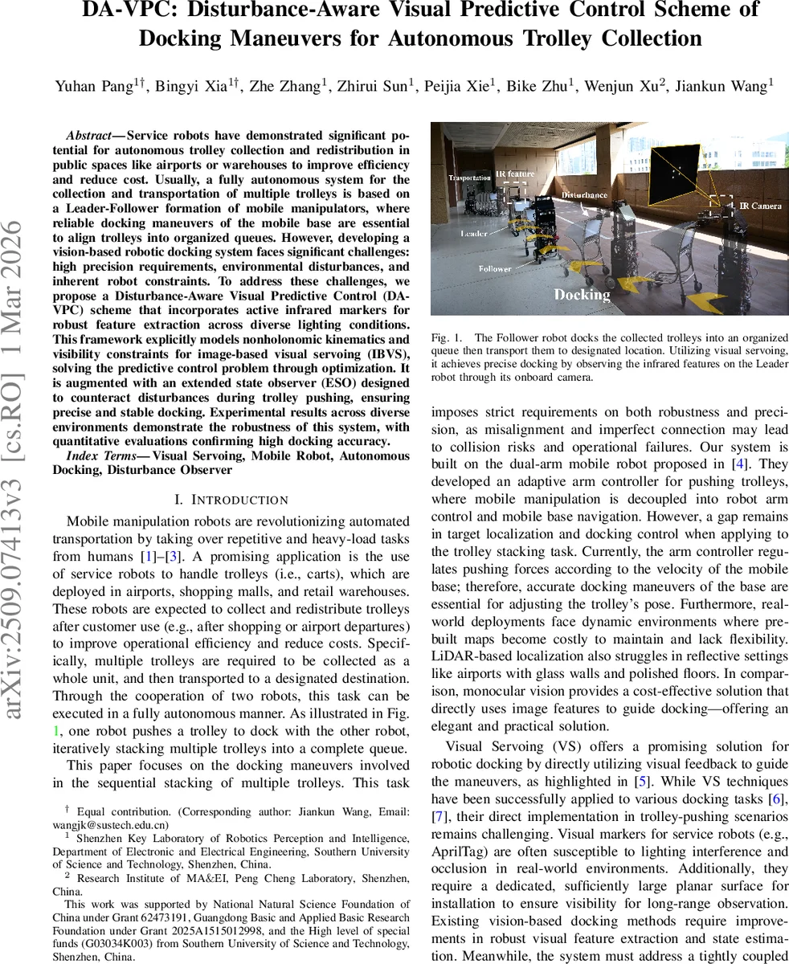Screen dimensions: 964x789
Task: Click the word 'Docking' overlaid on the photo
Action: (583, 295)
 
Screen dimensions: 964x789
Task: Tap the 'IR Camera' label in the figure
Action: (760, 206)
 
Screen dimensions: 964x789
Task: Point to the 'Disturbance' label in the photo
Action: (584, 195)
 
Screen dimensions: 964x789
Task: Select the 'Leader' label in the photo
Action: (474, 234)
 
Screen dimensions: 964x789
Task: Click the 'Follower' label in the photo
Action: (495, 268)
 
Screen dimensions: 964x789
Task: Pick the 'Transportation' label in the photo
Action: (469, 178)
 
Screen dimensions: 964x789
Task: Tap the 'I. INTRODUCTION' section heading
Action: (231, 500)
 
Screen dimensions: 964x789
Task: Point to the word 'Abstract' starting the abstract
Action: (88, 136)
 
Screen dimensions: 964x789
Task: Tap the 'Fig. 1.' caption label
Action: (447, 338)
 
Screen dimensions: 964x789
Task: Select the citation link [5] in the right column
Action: (643, 781)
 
